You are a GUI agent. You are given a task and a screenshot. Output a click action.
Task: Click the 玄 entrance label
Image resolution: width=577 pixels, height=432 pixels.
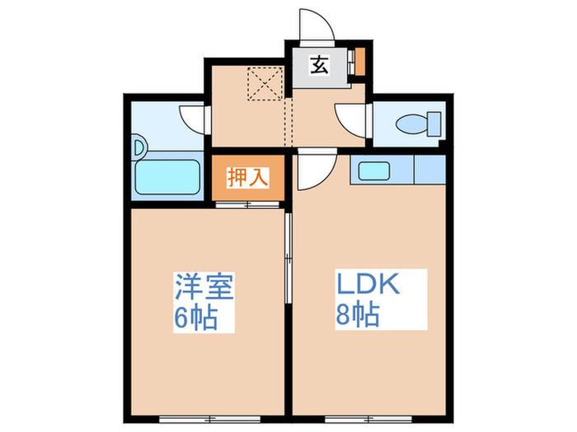319,65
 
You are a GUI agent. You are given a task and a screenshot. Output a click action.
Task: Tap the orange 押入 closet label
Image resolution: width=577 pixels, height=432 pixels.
248,178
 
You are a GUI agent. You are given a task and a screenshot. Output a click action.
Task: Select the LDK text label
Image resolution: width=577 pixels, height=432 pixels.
368,283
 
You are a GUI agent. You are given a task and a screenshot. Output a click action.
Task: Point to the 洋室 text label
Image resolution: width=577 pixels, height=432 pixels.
204,286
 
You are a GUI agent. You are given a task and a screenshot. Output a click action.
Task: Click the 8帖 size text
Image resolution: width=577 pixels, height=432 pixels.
357,315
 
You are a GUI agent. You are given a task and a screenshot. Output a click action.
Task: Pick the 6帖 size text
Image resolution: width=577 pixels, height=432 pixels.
196,318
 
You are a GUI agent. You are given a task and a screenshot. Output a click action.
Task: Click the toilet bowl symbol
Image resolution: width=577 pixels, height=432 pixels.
412,123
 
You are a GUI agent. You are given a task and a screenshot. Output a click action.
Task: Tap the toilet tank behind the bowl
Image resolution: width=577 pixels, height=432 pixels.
434,123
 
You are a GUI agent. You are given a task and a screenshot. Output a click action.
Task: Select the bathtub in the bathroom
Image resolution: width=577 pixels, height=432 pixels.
168,177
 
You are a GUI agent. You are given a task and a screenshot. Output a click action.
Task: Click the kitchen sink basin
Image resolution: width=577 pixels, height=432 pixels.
374,171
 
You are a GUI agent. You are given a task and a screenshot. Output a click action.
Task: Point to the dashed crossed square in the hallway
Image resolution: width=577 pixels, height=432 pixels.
265,84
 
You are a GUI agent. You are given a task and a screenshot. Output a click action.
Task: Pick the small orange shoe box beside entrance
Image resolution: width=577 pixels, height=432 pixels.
360,62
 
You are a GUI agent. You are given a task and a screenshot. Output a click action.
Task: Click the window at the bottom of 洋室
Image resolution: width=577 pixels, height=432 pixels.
209,419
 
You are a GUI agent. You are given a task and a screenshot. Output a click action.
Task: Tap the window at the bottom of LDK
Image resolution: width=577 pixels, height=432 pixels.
368,419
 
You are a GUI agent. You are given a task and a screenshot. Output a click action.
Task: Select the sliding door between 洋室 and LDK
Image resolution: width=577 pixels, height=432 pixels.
288,258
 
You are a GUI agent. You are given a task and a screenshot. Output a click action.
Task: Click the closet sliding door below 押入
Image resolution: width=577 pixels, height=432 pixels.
247,205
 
